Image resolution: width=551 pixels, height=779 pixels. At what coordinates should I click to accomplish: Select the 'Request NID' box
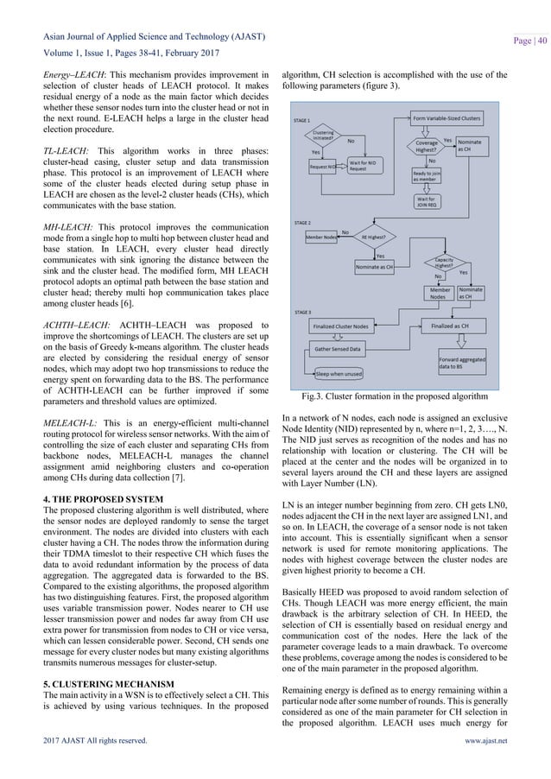coord(324,167)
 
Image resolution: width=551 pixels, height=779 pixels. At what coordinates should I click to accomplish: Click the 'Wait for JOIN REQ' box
coord(421,202)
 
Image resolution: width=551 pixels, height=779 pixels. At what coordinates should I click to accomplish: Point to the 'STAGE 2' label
coord(304,222)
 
